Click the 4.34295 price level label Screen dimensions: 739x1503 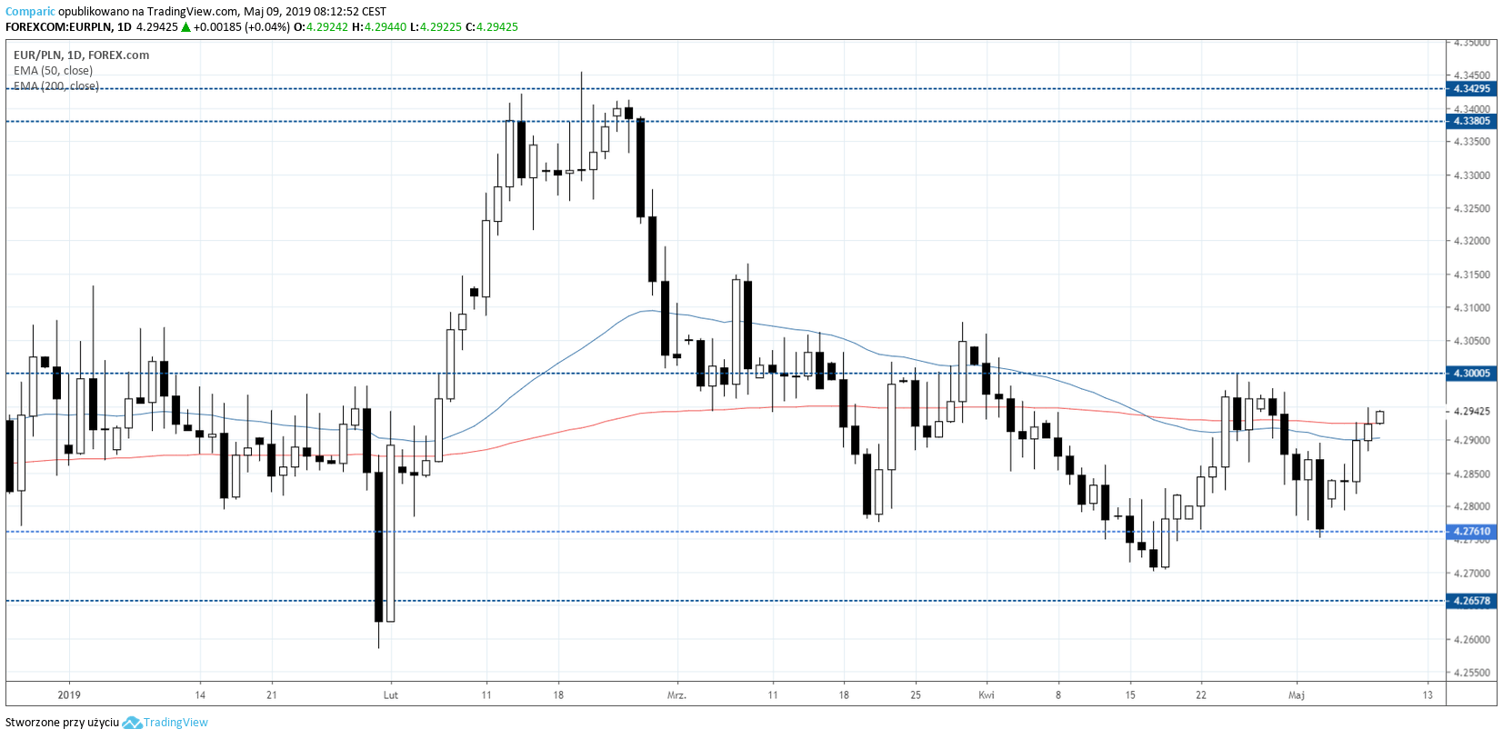[1471, 89]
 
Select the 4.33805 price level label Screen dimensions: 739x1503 [1471, 121]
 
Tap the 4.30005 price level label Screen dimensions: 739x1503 [1471, 374]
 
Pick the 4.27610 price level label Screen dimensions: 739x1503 [1471, 532]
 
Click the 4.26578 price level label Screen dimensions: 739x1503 [1471, 601]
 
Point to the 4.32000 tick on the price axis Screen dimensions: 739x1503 [1471, 241]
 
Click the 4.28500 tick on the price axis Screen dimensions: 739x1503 [1471, 474]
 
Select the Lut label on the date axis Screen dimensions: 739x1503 [391, 695]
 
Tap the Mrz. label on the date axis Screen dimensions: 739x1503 [676, 695]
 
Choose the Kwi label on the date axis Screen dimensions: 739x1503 [987, 695]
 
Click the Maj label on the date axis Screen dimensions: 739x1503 [1297, 695]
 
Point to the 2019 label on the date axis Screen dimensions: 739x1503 [69, 695]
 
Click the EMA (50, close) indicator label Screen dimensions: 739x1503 [53, 71]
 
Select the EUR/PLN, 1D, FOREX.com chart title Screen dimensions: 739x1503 [81, 55]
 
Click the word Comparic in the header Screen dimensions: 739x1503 [30, 12]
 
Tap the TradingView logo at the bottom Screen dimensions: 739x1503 [165, 723]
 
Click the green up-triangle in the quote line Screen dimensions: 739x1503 [185, 27]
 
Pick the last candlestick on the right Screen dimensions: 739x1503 [1379, 417]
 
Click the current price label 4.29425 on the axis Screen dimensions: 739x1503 [1471, 411]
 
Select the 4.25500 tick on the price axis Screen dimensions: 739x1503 [1471, 673]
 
